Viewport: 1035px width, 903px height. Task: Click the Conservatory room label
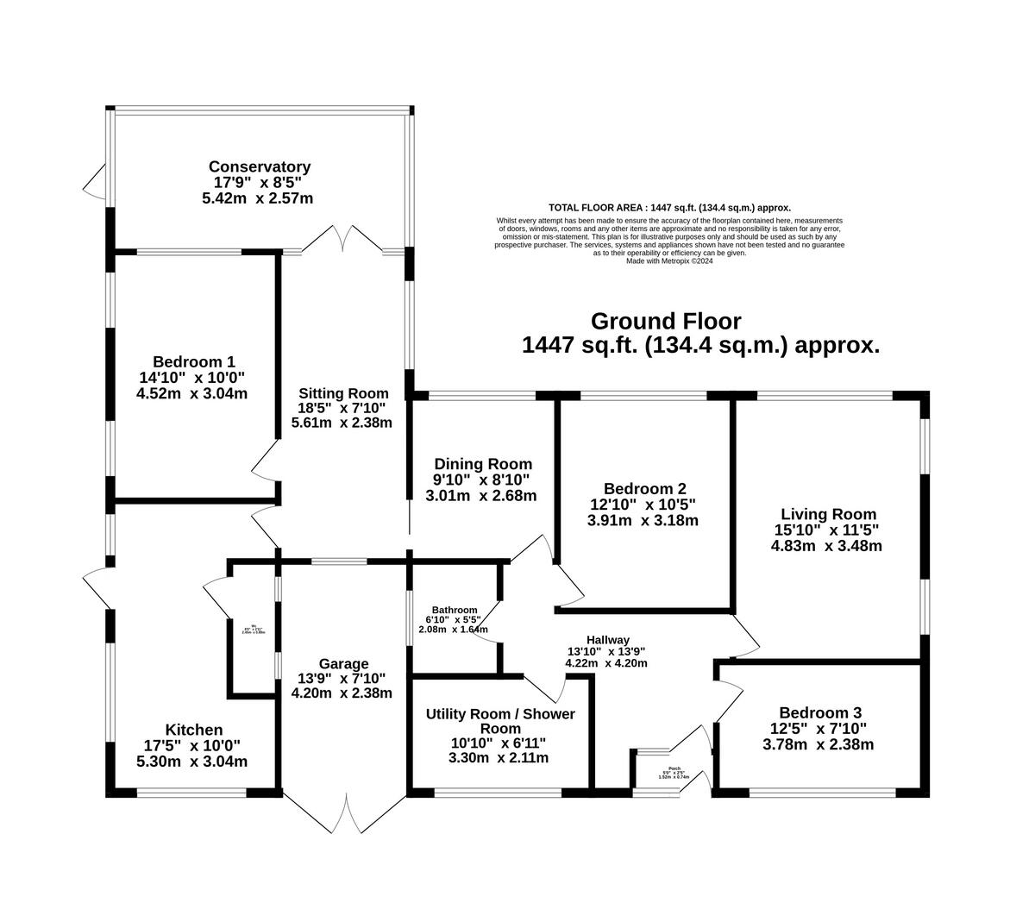(259, 166)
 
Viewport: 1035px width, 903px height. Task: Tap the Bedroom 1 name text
(193, 362)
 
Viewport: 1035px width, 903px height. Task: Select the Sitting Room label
(343, 393)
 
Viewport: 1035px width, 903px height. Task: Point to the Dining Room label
(482, 464)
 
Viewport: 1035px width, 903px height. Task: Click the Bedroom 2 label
(644, 487)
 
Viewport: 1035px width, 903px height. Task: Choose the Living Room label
(827, 514)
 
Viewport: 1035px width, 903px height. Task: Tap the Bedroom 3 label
(819, 712)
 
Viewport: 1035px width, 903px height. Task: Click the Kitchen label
(193, 730)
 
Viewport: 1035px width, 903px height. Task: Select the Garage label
(343, 663)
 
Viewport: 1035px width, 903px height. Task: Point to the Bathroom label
(453, 610)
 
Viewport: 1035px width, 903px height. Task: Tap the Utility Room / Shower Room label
(500, 721)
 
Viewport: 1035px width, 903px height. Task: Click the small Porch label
(674, 768)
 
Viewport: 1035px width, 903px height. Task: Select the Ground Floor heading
(665, 322)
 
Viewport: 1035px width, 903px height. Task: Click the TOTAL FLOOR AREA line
(669, 208)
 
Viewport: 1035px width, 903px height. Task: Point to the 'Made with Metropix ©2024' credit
(669, 260)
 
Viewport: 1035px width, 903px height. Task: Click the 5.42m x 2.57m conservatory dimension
(259, 198)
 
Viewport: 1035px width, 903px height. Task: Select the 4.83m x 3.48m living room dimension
(827, 546)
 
